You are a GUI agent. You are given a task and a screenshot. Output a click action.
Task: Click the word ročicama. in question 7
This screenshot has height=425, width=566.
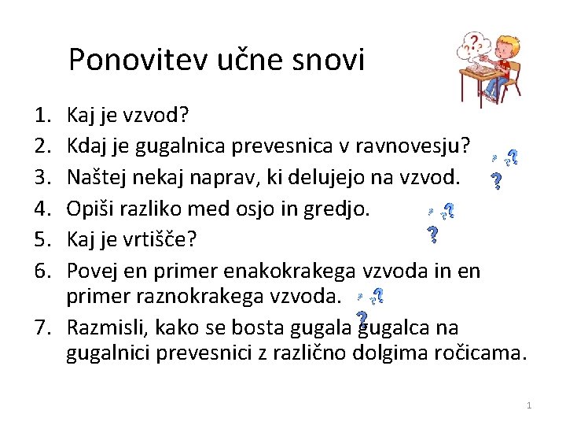(x=480, y=354)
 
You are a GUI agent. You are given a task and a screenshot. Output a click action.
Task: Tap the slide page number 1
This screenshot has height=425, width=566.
(x=529, y=405)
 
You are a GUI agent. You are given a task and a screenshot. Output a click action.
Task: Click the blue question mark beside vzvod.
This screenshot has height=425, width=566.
(x=497, y=182)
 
